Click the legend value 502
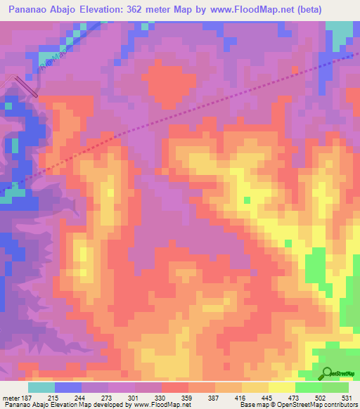[x=322, y=398]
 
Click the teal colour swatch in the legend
[x=41, y=387]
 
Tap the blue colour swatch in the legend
[x=68, y=387]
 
